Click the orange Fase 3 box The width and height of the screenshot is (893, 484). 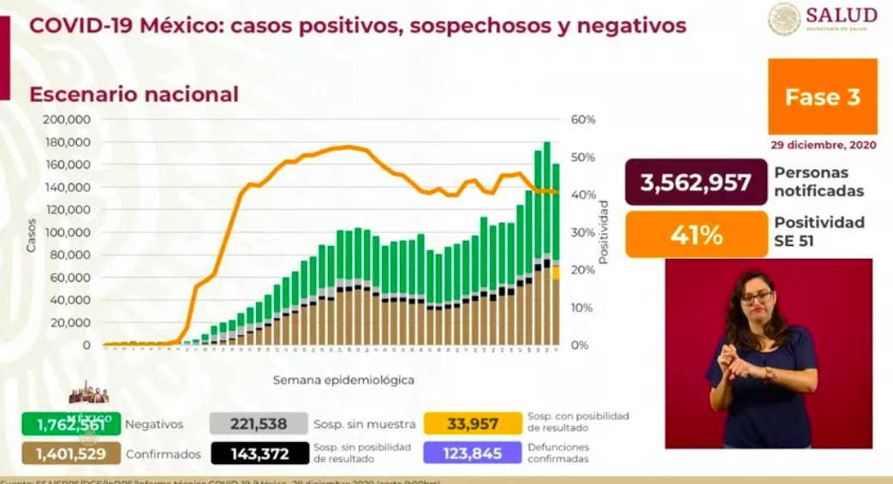822,97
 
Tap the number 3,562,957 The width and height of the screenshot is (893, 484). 696,182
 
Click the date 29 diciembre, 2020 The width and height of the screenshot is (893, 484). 823,145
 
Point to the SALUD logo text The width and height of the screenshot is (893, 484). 841,15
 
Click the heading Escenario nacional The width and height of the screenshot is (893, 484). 134,94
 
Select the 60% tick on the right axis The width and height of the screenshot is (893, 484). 582,119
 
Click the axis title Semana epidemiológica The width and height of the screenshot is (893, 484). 344,379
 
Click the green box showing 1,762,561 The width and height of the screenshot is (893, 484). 72,423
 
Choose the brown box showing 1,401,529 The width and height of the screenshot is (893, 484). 72,453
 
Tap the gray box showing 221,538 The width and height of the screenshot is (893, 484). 259,423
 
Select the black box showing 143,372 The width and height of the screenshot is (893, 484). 259,453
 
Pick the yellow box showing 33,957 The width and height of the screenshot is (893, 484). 473,423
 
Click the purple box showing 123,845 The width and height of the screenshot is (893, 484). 473,453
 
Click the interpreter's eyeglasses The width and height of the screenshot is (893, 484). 756,297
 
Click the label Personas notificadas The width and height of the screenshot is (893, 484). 819,182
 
